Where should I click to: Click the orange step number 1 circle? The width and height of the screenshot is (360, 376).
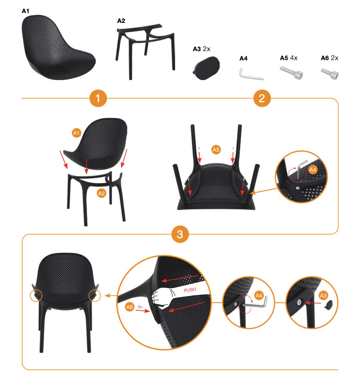click(x=98, y=98)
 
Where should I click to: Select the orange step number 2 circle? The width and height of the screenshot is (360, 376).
click(x=262, y=98)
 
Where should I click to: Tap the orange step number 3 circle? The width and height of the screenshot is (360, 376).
click(x=180, y=234)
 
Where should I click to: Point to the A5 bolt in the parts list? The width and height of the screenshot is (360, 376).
click(x=291, y=73)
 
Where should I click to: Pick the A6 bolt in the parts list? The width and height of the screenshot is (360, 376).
click(x=329, y=74)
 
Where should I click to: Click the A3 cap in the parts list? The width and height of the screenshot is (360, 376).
click(x=206, y=68)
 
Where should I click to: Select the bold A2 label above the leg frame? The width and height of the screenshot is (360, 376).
click(x=121, y=21)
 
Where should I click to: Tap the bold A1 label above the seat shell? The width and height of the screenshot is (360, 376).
click(x=25, y=11)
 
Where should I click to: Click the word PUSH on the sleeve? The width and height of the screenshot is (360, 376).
click(x=190, y=290)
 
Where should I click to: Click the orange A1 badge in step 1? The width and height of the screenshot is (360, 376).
click(x=76, y=133)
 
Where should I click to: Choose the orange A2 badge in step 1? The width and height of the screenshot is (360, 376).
click(x=101, y=193)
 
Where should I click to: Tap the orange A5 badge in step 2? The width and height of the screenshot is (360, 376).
click(x=216, y=150)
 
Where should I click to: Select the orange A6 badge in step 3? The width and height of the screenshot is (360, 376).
click(x=130, y=307)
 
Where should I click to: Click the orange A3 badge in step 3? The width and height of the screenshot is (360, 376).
click(x=323, y=295)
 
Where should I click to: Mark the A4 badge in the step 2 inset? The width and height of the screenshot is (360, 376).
click(x=313, y=170)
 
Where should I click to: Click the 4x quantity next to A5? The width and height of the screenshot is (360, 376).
click(x=294, y=58)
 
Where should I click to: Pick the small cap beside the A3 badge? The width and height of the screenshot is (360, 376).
click(x=328, y=305)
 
